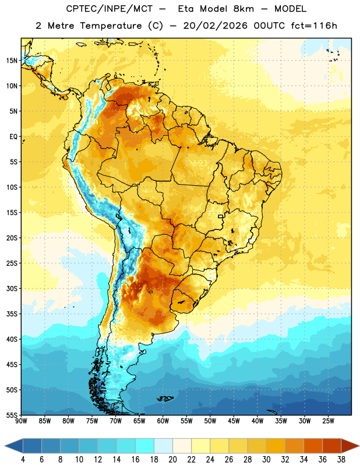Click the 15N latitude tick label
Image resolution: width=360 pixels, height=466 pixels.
tap(12, 61)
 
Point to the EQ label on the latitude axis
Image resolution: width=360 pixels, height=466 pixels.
tap(13, 137)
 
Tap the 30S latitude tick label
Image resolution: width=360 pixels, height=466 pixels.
tap(12, 288)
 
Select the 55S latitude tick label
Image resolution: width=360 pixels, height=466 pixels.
tap(12, 415)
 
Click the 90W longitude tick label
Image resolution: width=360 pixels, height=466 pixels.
tap(21, 421)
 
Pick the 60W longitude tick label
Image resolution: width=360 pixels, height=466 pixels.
tap(163, 421)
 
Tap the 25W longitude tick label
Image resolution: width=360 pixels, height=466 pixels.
tap(328, 421)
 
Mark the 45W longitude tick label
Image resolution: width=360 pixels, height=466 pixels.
tap(234, 421)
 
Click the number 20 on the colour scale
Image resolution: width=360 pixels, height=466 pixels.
tap(172, 460)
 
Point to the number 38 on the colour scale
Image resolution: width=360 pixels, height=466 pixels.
tap(341, 460)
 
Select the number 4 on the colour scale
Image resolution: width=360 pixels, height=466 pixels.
tap(23, 460)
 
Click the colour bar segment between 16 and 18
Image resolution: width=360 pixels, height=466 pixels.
tap(144, 446)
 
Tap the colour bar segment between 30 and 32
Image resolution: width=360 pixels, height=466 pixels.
tap(276, 446)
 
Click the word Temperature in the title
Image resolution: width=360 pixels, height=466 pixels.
tap(111, 26)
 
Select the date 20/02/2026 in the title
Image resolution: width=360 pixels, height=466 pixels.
tap(215, 26)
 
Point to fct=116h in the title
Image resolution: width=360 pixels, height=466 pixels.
tap(314, 26)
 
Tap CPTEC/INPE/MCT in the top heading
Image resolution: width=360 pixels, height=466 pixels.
tap(109, 9)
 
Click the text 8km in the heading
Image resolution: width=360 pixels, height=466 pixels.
tap(243, 9)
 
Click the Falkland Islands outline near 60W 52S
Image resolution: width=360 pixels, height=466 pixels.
tap(165, 398)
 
